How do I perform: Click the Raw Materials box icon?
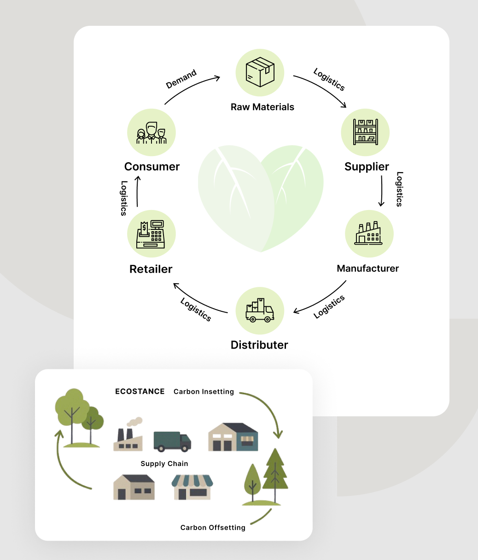(260, 72)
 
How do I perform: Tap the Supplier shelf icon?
(365, 132)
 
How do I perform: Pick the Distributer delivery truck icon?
(260, 310)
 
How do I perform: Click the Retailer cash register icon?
(151, 234)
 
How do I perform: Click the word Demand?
(181, 79)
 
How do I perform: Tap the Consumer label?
(152, 167)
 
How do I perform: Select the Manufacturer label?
(367, 268)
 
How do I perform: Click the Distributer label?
(259, 345)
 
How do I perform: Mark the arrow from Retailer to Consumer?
(137, 193)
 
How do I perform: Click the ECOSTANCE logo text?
(140, 391)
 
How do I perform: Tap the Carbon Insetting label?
(204, 392)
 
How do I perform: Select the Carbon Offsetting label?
(213, 528)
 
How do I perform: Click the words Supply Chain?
(164, 464)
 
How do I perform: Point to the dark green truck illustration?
(172, 441)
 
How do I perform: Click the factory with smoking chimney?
(128, 436)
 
